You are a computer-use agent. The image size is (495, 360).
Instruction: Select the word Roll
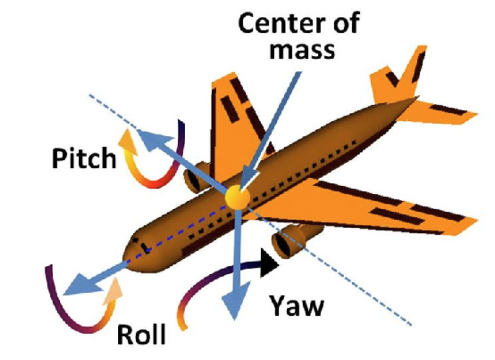click(142, 333)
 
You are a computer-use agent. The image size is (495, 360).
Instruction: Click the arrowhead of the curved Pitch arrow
click(128, 139)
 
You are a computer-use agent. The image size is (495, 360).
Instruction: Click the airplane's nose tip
click(127, 250)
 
